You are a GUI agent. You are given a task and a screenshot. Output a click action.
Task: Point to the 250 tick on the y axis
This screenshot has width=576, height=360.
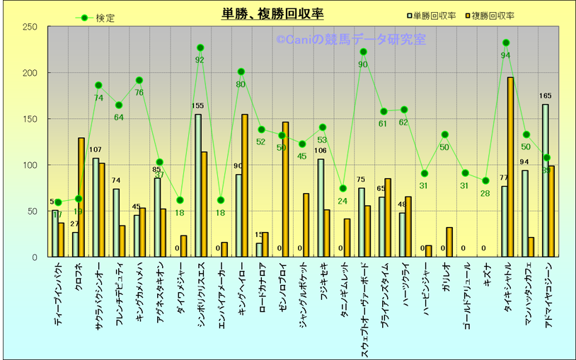click(30, 27)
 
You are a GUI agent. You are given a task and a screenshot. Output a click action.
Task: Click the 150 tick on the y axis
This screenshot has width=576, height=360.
click(30, 119)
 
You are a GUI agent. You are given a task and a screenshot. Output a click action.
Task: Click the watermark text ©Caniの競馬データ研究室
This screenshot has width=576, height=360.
click(351, 40)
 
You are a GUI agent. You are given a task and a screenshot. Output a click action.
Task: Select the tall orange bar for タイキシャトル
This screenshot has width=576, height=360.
click(510, 167)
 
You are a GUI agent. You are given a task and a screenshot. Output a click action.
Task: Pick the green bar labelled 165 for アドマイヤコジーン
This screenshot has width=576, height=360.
click(546, 180)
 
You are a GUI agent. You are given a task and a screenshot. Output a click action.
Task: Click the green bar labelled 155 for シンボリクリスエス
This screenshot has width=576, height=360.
click(198, 185)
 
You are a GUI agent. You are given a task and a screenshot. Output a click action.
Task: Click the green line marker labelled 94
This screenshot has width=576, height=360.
click(506, 43)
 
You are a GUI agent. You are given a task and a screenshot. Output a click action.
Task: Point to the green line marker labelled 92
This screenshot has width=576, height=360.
click(200, 48)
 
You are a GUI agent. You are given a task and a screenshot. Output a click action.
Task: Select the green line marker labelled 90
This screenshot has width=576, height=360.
click(364, 52)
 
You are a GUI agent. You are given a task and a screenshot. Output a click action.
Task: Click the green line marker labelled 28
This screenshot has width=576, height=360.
click(485, 181)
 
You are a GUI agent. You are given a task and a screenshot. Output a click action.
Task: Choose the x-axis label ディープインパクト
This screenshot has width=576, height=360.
click(57, 294)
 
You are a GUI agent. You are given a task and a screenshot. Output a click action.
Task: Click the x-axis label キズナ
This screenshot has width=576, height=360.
click(485, 275)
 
